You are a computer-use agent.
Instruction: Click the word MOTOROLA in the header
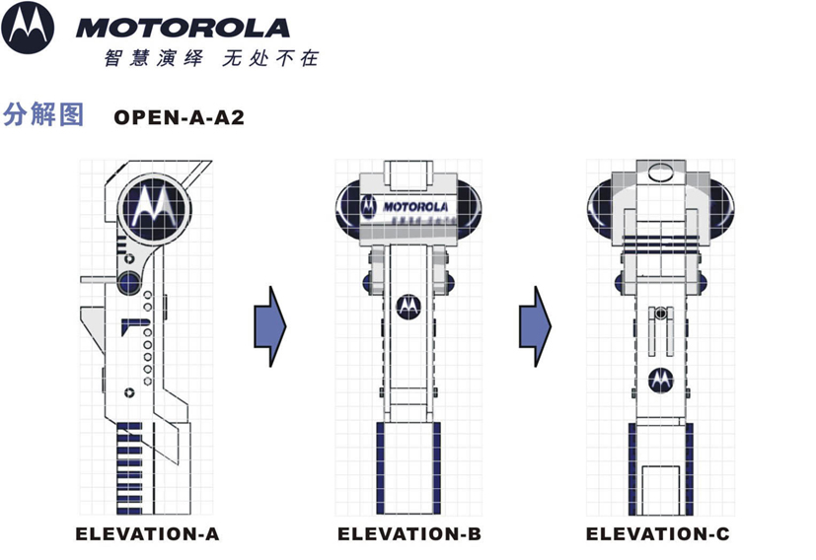click(183, 28)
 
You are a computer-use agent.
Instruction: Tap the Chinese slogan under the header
click(211, 58)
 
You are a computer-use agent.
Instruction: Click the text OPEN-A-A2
click(179, 117)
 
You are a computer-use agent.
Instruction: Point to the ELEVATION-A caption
click(147, 534)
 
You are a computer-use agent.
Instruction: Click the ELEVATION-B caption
click(408, 534)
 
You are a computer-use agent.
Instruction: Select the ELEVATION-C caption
click(657, 534)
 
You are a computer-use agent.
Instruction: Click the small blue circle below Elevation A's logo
click(128, 283)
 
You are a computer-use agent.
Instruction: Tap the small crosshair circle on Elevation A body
click(128, 392)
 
